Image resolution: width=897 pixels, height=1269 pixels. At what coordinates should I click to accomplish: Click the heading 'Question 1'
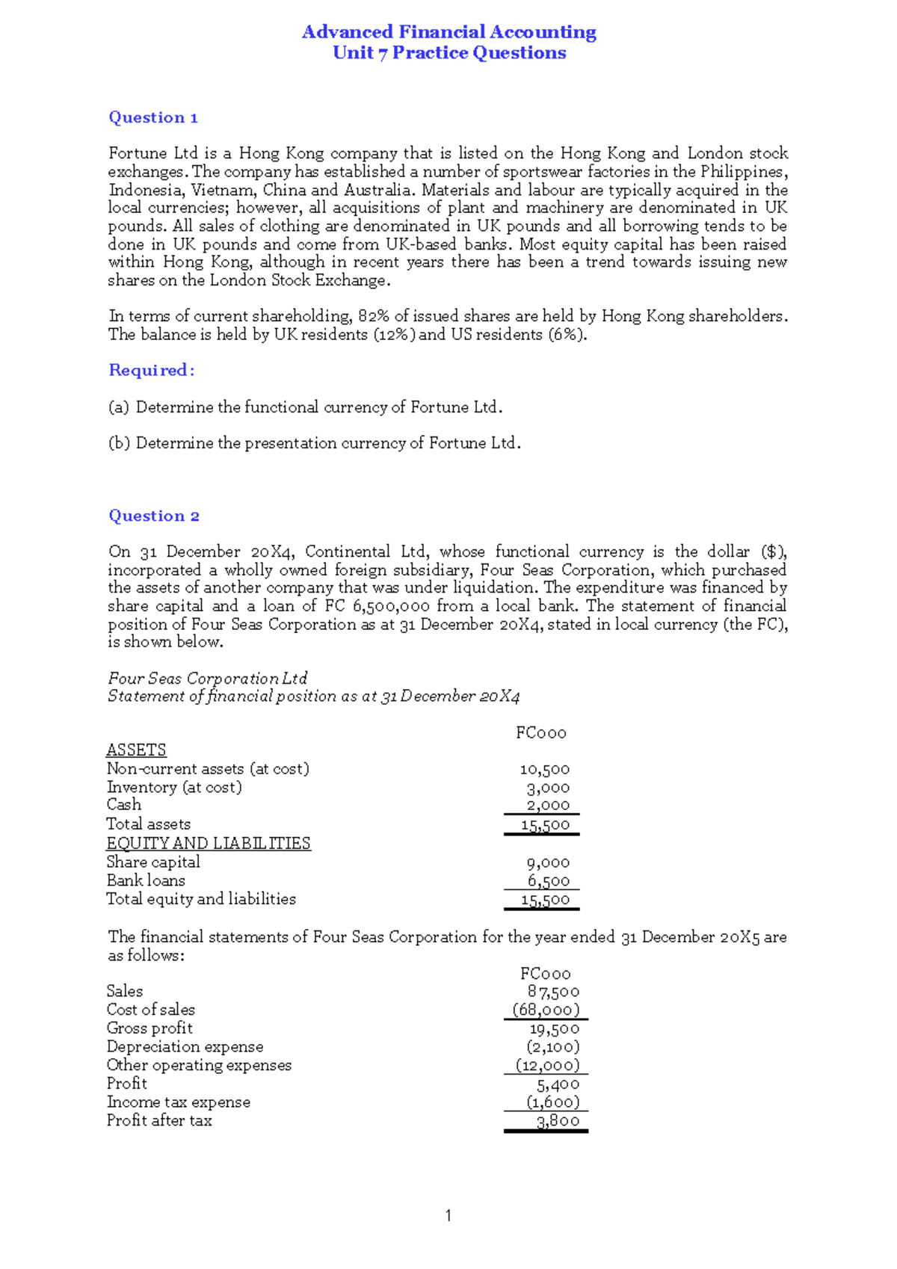[x=153, y=117]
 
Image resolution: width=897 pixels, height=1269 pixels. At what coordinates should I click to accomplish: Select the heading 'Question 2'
[x=154, y=516]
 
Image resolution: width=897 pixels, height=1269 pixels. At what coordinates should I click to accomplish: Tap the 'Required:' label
[x=152, y=370]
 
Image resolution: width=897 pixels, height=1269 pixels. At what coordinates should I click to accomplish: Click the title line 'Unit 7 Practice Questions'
[x=449, y=53]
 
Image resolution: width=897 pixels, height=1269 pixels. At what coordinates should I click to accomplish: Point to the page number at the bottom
[x=448, y=1216]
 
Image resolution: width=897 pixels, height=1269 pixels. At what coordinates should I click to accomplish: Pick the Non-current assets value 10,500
[x=544, y=769]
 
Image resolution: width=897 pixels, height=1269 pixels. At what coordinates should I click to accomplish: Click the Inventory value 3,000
[x=548, y=788]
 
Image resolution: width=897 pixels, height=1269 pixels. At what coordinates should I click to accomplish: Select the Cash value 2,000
[x=548, y=805]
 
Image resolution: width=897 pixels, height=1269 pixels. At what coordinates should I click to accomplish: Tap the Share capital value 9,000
[x=548, y=862]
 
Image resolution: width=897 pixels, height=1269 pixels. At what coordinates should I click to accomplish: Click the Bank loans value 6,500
[x=548, y=881]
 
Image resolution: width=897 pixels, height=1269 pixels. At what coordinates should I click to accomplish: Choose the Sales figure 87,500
[x=553, y=992]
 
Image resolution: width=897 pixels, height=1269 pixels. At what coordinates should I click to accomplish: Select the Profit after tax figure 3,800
[x=558, y=1121]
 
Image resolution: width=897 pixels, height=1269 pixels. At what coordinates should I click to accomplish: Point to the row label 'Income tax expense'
[x=179, y=1102]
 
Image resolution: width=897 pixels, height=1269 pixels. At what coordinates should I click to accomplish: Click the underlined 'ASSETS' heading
[x=136, y=750]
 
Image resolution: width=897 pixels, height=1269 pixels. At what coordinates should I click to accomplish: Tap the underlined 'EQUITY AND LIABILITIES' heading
[x=209, y=844]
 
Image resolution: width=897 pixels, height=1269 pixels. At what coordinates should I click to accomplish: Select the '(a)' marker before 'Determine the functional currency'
[x=119, y=407]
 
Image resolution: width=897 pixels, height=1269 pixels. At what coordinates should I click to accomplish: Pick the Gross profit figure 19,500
[x=555, y=1029]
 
